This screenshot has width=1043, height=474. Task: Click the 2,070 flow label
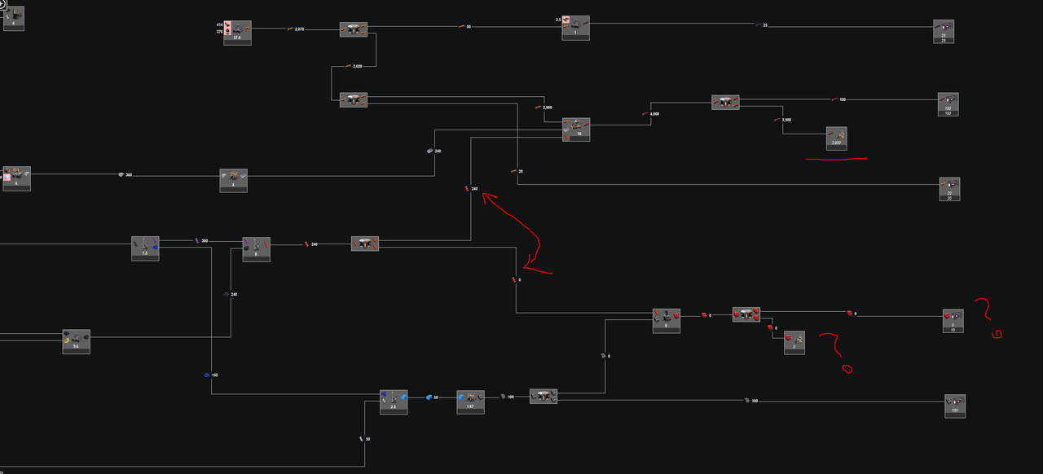tap(298, 29)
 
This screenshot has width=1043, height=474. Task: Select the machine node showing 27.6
tap(237, 33)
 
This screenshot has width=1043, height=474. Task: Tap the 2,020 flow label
tap(357, 66)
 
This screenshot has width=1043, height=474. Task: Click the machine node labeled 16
tap(577, 129)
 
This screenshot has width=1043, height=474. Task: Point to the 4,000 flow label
tap(654, 114)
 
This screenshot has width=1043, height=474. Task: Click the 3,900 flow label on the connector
tap(786, 120)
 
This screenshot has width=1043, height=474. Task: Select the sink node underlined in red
tap(836, 138)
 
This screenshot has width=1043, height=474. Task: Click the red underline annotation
tap(836, 160)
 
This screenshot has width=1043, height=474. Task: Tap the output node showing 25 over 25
tap(944, 31)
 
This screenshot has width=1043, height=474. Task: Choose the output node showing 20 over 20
tap(949, 189)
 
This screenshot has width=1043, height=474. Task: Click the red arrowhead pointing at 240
tap(486, 195)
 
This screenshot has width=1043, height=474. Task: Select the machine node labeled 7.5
tap(145, 248)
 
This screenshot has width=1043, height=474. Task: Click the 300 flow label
tap(204, 241)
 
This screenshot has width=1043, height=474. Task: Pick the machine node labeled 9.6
tap(76, 341)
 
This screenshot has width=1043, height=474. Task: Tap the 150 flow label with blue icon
tap(213, 375)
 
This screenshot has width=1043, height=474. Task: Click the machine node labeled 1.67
tap(470, 401)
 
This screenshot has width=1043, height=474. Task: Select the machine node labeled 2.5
tap(393, 402)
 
